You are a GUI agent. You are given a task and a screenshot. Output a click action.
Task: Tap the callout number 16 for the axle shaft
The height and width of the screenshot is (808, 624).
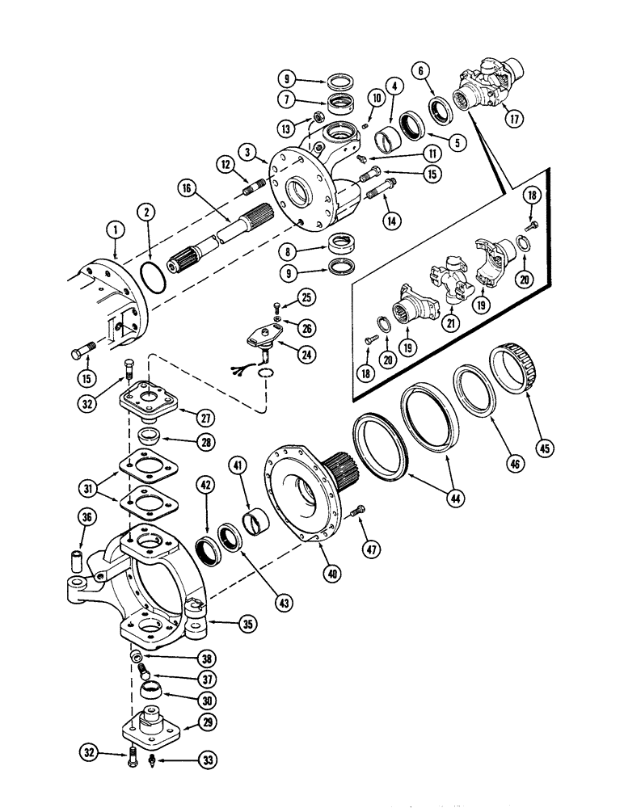coord(187,191)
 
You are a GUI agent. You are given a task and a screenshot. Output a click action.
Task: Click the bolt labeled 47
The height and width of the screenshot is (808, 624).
coord(360,510)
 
